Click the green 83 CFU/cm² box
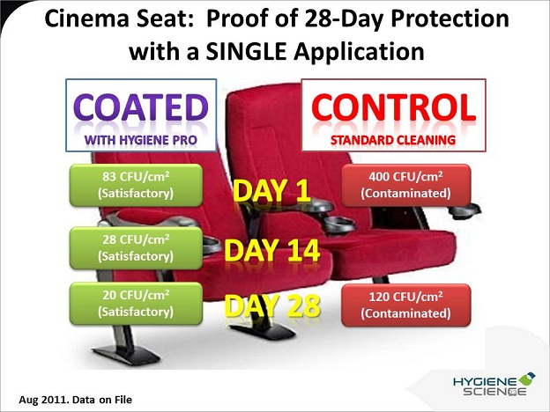(136, 185)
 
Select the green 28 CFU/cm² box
(136, 248)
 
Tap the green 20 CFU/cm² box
(136, 304)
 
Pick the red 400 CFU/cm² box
(405, 185)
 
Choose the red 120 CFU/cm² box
(405, 305)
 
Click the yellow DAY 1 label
(271, 191)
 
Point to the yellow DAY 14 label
(271, 250)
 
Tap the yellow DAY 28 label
(271, 305)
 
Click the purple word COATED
(141, 107)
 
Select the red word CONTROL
(394, 107)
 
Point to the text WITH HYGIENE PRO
(141, 140)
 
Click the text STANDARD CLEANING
(393, 140)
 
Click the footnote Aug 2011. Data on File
(76, 400)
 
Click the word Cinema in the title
(87, 18)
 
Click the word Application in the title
(360, 53)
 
